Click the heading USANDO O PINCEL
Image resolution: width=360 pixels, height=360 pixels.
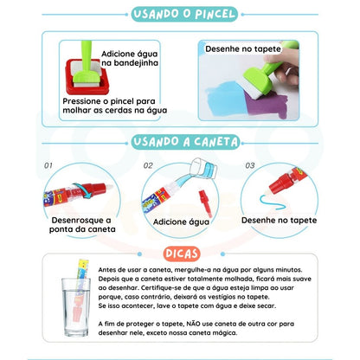(x=184, y=14)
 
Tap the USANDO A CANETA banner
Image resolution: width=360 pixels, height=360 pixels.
(x=185, y=142)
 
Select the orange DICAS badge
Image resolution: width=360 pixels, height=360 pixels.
(x=182, y=254)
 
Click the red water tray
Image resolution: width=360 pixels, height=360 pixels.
(x=87, y=77)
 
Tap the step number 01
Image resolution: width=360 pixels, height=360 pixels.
(x=48, y=165)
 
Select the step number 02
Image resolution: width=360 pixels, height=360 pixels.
(x=148, y=165)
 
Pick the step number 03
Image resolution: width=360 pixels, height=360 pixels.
(x=250, y=165)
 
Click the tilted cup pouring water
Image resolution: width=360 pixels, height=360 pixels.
(x=203, y=168)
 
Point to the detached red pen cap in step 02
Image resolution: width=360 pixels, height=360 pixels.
(x=205, y=202)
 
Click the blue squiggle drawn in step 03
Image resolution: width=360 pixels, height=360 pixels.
(x=272, y=202)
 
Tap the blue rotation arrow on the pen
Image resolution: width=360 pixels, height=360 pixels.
(x=82, y=190)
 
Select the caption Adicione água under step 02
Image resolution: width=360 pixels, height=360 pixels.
(x=181, y=222)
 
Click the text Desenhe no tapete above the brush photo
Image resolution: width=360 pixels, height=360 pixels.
(x=243, y=48)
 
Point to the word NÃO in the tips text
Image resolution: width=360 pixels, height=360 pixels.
(x=193, y=324)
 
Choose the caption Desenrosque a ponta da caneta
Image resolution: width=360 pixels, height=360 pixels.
(x=82, y=225)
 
